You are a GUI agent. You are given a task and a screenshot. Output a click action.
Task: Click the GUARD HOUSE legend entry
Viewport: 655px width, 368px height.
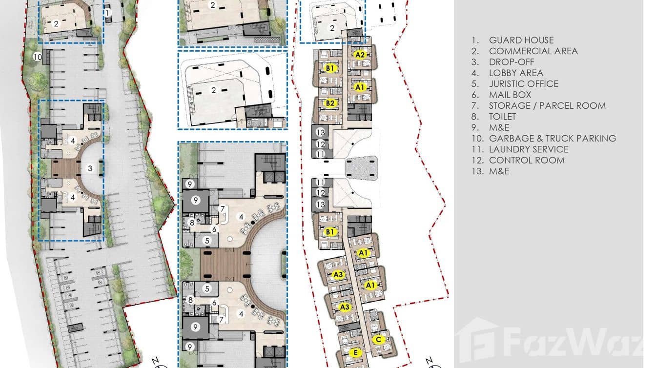[521, 40]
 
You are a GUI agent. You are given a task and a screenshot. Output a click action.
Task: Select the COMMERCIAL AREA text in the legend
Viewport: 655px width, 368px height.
[533, 51]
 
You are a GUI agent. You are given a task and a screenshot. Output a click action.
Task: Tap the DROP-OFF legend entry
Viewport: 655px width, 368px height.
[512, 62]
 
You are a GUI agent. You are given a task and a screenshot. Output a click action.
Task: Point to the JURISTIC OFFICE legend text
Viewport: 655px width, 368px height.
[523, 84]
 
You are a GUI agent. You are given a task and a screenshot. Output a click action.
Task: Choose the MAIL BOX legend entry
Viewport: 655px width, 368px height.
[510, 95]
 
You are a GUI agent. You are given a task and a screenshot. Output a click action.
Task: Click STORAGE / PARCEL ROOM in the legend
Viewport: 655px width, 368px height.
[547, 105]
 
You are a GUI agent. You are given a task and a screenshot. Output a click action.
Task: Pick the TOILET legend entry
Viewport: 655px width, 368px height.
[502, 117]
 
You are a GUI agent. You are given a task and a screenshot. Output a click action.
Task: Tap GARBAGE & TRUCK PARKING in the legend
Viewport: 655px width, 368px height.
[553, 138]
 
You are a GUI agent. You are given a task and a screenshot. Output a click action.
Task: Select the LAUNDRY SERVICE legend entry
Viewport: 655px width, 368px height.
[529, 149]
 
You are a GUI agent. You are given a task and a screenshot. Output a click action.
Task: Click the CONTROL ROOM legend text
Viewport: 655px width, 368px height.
[527, 160]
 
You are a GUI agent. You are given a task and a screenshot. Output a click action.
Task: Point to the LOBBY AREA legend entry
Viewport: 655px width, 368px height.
[516, 73]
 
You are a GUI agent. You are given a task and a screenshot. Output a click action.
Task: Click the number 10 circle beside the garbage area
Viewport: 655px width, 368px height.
[38, 57]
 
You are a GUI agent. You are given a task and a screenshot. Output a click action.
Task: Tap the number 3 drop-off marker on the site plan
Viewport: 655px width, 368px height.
[90, 168]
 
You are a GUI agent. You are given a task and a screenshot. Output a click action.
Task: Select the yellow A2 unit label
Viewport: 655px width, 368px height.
[360, 55]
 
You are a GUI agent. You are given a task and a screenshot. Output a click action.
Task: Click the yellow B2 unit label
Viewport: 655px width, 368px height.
[330, 103]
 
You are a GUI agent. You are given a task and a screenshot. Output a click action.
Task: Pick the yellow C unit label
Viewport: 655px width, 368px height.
[378, 339]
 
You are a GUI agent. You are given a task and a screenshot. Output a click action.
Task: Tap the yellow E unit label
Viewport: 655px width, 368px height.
[356, 353]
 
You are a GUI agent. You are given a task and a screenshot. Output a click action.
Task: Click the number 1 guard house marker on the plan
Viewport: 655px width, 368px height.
[107, 13]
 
